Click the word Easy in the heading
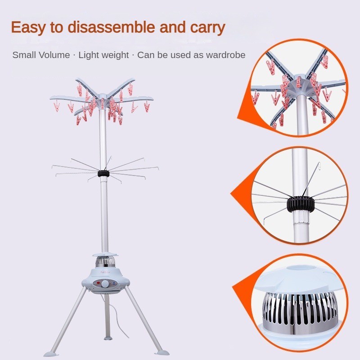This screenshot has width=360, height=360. coord(28,27)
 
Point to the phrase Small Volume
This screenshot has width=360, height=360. coord(41,55)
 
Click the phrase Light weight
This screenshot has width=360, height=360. coord(103,55)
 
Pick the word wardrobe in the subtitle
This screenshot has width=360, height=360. coord(226,55)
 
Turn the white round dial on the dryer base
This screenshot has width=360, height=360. coord(106,284)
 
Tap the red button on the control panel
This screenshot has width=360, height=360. coord(98,283)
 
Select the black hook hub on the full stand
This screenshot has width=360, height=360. coord(103,173)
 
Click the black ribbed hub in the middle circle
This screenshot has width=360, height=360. coord(298,203)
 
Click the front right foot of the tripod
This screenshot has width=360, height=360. coord(162,352)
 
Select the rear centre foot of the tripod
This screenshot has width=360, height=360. coord(108,338)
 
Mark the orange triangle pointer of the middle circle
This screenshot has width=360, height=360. coord(242,194)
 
